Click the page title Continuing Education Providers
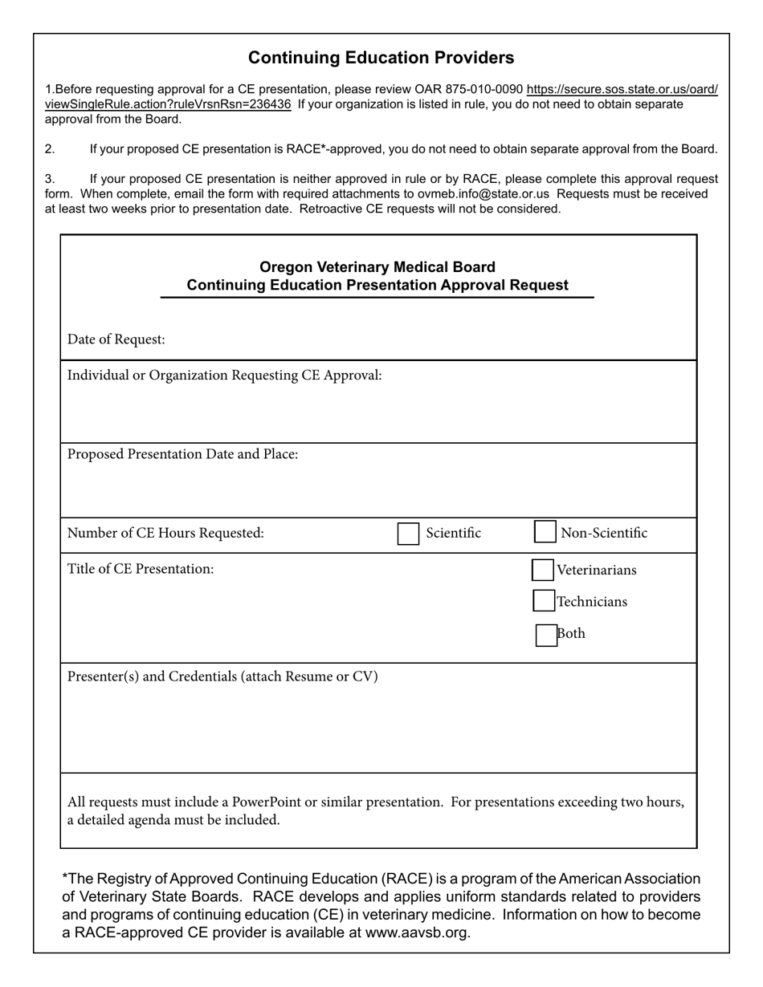pos(381,58)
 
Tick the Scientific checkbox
pos(408,534)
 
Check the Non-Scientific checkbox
pos(545,532)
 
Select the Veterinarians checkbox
pos(543,570)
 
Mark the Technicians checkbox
pos(544,601)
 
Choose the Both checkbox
pos(546,635)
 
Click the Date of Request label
pos(116,339)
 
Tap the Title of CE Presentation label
pos(141,569)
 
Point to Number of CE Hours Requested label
pos(165,533)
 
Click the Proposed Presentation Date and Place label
pos(182,454)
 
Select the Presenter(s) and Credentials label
pos(222,676)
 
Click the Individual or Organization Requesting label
pos(224,376)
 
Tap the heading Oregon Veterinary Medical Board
pos(377,267)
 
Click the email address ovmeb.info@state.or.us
pos(484,194)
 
